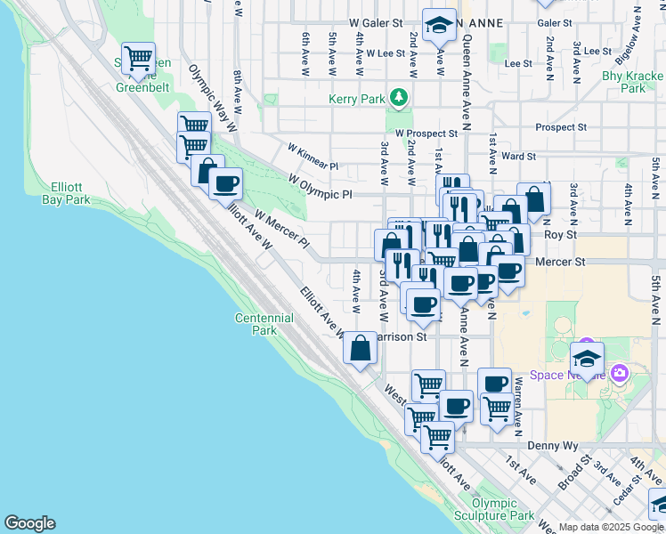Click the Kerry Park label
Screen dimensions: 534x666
click(x=356, y=99)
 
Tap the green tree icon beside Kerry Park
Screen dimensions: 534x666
click(x=400, y=98)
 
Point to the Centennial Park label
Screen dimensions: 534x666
click(x=264, y=324)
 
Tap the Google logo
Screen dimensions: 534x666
click(x=29, y=523)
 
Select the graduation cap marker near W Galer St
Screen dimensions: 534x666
click(x=438, y=27)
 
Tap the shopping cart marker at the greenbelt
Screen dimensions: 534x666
click(x=138, y=59)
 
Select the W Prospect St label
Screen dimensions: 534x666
click(x=426, y=133)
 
